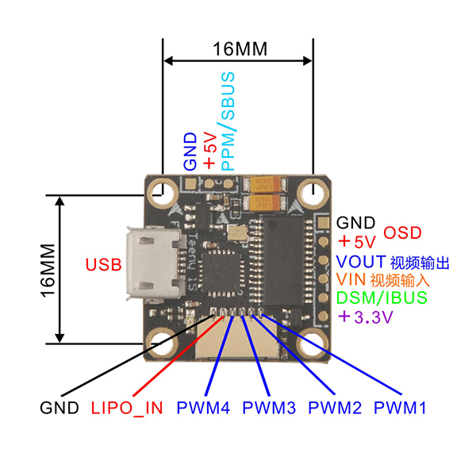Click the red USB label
[103, 264]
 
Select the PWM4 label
[203, 409]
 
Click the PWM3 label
[269, 409]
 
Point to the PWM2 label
[335, 409]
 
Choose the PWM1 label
[400, 409]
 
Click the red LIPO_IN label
[127, 409]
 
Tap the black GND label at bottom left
[59, 409]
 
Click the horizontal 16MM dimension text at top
[240, 48]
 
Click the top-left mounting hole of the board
[165, 191]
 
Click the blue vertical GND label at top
[190, 152]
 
